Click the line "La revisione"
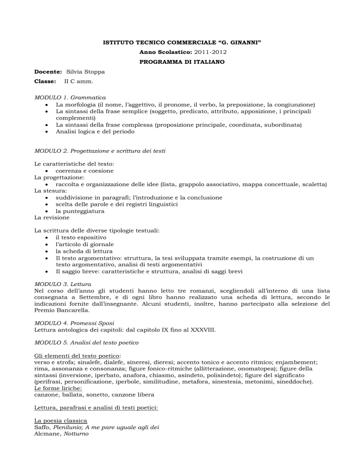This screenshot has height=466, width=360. (x=52, y=218)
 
